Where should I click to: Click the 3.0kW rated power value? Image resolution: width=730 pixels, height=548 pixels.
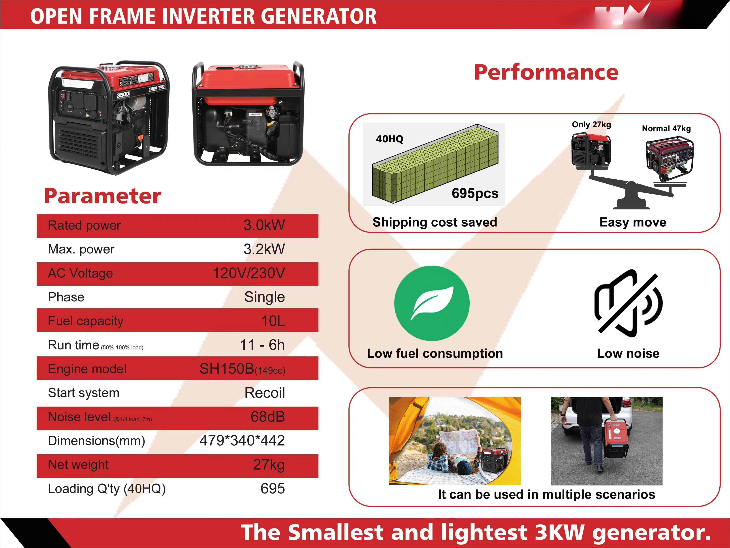264,225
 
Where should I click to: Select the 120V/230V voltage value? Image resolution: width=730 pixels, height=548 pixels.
248,273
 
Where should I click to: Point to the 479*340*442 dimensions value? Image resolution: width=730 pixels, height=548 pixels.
242,441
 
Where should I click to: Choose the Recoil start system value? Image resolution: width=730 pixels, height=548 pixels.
264,393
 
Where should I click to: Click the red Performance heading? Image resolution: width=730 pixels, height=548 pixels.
546,72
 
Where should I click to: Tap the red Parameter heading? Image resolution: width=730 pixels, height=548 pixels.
103,196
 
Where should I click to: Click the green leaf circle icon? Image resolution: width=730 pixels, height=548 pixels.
432,303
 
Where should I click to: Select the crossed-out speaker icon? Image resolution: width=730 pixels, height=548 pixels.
628,303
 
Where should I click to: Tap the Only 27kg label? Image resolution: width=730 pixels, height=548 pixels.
591,125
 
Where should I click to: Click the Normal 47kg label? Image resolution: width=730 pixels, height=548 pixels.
666,129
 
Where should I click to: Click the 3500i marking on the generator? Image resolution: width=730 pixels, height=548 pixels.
123,95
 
